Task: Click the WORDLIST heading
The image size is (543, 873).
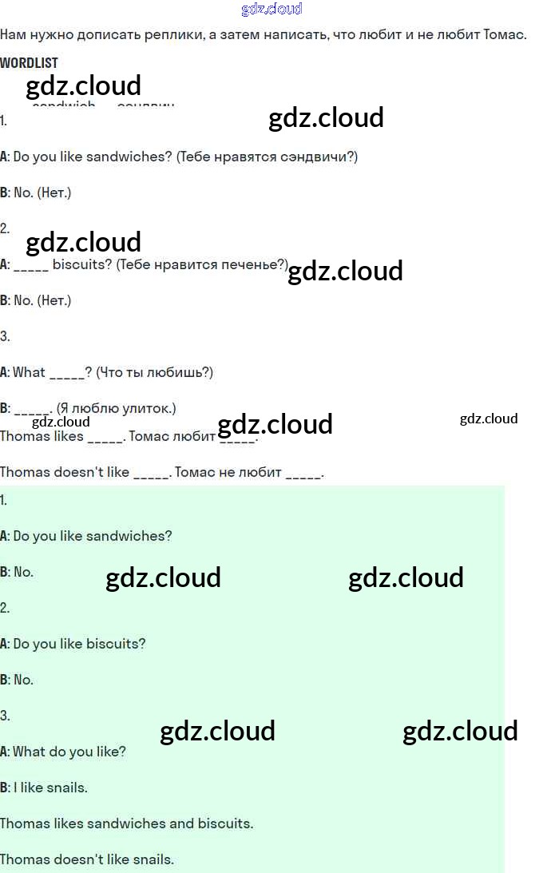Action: click(x=29, y=62)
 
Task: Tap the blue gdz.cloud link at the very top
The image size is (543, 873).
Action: click(x=271, y=9)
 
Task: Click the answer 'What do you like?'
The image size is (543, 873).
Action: click(x=69, y=752)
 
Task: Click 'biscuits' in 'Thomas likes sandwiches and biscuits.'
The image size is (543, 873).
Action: click(x=228, y=823)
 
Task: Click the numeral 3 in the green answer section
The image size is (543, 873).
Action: click(x=4, y=716)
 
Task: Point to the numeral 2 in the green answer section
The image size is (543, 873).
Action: click(x=4, y=608)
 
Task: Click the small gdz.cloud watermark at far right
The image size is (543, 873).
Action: click(x=489, y=419)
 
